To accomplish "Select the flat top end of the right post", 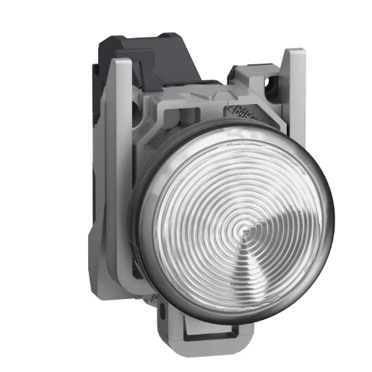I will click(295, 52).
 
